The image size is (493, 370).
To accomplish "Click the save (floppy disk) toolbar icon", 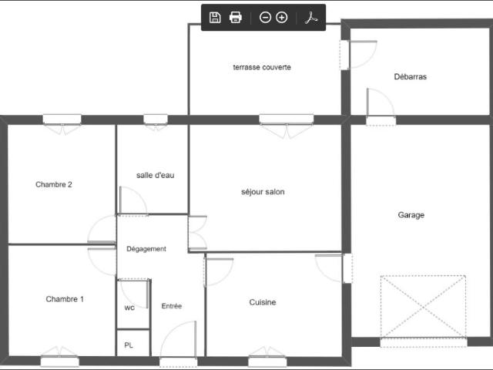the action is [x=215, y=18].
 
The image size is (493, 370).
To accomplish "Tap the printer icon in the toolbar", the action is [x=236, y=18].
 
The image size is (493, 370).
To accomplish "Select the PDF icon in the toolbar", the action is [x=311, y=18].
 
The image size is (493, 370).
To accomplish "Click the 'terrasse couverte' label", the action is [x=262, y=67].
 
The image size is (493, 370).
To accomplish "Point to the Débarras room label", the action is [x=410, y=76].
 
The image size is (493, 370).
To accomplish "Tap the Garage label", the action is [x=411, y=215].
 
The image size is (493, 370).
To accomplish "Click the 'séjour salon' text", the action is [x=263, y=192].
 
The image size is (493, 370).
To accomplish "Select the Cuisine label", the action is [x=263, y=302].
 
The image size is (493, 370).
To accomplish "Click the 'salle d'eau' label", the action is [x=156, y=175].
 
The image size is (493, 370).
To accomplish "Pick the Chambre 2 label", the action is [x=54, y=184].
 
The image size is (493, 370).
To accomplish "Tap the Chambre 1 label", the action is [x=65, y=299].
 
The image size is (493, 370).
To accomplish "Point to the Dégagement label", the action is [x=146, y=249].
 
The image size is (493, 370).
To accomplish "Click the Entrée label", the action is [x=172, y=306].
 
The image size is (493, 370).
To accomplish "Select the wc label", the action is [x=129, y=308].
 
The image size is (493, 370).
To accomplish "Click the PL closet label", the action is [x=129, y=345].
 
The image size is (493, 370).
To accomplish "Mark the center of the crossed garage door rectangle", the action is [x=423, y=307].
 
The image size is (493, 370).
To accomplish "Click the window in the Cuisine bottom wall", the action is [x=267, y=362].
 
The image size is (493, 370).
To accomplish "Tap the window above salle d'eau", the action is [x=156, y=119].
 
